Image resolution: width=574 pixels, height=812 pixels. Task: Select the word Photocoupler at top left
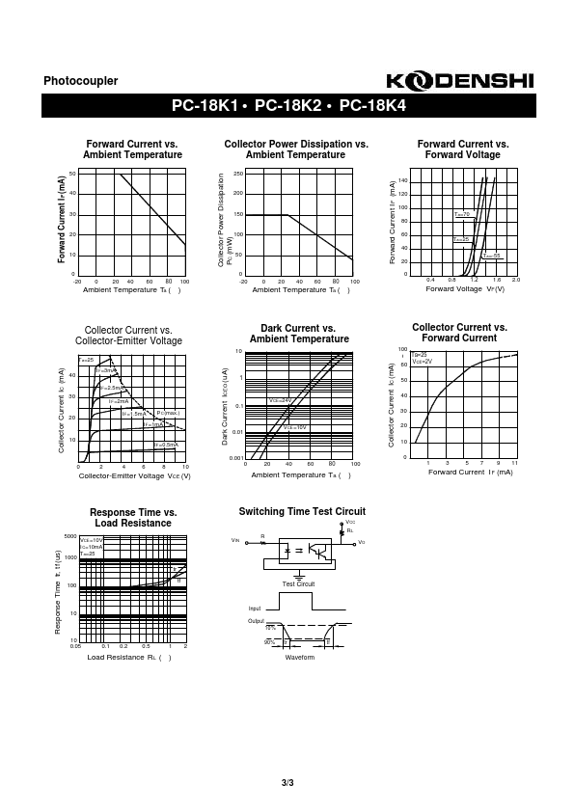pos(81,82)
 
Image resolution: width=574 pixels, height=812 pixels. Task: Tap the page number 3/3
pos(287,782)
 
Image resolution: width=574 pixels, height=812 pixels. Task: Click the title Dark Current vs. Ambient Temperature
pos(299,334)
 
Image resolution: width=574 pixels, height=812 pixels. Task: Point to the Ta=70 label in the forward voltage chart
pos(461,214)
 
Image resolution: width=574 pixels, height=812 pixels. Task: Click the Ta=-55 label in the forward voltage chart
pos(492,256)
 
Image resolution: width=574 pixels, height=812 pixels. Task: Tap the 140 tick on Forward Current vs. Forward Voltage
pos(402,180)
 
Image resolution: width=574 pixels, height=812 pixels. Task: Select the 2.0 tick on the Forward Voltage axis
pos(516,280)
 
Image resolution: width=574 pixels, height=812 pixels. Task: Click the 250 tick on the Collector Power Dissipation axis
pos(237,174)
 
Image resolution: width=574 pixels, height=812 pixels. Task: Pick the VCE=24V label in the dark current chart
pos(280,399)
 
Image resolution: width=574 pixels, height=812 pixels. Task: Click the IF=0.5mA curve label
pos(166,445)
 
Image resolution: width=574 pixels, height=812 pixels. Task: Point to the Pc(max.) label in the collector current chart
pos(168,413)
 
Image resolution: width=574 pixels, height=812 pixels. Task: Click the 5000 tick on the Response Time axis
pos(69,536)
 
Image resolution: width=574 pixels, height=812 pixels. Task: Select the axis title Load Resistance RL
pos(129,658)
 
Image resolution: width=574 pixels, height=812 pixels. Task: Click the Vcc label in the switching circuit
pos(350,522)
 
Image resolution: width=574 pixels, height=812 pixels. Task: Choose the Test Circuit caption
pos(298,584)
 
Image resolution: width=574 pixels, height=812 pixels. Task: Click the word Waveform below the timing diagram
pos(300,657)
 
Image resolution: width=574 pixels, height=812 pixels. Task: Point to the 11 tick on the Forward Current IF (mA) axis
pos(514,464)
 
